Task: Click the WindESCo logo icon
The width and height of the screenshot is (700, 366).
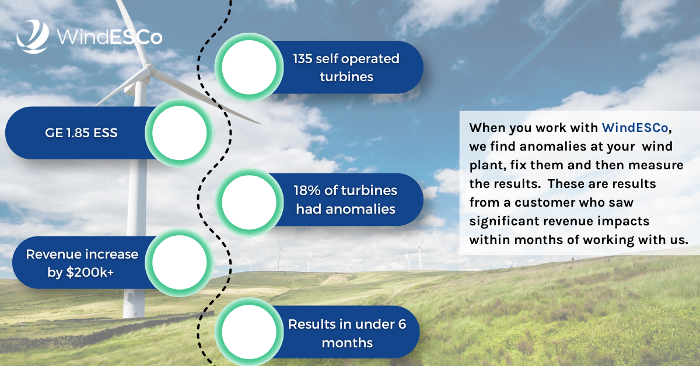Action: tap(33, 36)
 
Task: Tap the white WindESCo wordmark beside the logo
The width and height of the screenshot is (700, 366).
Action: tap(110, 37)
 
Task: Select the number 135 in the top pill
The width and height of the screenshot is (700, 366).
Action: tap(302, 59)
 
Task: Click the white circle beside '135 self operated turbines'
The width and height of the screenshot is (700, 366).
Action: tap(249, 67)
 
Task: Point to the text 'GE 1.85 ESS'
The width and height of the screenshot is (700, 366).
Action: tap(81, 133)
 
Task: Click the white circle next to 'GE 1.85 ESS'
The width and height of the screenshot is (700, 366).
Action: tap(180, 133)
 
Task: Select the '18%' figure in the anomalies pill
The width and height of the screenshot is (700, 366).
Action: tap(307, 190)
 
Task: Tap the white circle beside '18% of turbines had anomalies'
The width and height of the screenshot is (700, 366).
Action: tap(249, 202)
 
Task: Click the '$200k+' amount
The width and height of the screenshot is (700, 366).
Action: tap(90, 273)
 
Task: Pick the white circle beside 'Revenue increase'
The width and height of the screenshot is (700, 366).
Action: tap(180, 262)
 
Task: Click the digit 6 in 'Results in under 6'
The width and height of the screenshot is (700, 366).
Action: tap(402, 324)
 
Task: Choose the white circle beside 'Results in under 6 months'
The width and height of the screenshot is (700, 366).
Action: tap(249, 332)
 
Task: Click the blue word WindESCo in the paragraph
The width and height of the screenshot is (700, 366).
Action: tap(635, 128)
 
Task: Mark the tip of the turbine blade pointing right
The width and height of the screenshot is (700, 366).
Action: tap(261, 124)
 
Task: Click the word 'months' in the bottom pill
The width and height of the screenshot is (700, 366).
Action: tap(347, 343)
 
